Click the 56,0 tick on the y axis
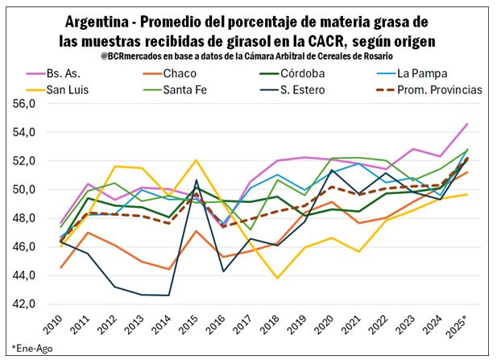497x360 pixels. [x=21, y=104]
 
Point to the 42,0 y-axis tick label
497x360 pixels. [x=21, y=304]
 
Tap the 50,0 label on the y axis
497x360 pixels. [x=21, y=190]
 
